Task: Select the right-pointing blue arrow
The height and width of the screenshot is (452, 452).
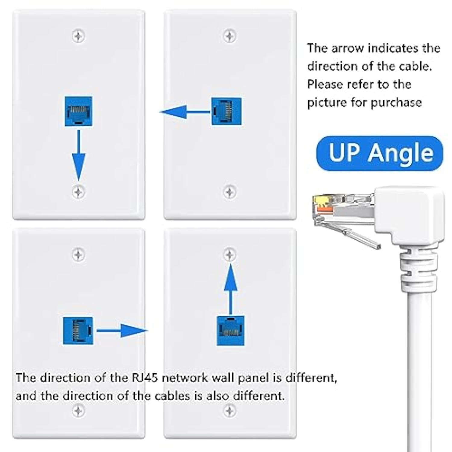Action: [122, 331]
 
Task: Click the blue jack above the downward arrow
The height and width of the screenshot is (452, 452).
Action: [78, 111]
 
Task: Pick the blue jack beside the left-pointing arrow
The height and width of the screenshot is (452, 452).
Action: [226, 111]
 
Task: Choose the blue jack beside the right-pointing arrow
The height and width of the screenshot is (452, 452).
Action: [78, 331]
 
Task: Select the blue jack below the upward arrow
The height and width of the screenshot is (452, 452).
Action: [231, 331]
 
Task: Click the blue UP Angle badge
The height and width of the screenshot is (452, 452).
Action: [380, 153]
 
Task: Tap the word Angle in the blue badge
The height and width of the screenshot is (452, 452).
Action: [401, 153]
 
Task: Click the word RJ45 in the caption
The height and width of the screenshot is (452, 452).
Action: [145, 378]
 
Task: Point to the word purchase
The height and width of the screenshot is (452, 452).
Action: [396, 102]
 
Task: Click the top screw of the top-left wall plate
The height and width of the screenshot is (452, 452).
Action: [78, 36]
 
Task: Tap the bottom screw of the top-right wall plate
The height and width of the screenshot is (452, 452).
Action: [230, 192]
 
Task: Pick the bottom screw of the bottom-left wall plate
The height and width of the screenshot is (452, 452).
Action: [78, 411]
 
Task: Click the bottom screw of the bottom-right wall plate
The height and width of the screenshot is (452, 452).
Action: [230, 411]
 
